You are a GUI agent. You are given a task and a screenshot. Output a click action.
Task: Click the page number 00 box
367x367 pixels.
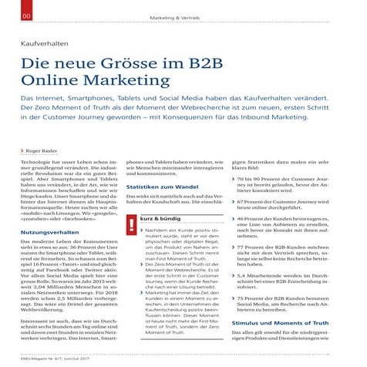[7, 16]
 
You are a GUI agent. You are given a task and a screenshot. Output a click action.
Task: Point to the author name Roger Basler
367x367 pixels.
[39, 152]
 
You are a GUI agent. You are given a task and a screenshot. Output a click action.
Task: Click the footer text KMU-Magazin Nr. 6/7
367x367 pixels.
[35, 360]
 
